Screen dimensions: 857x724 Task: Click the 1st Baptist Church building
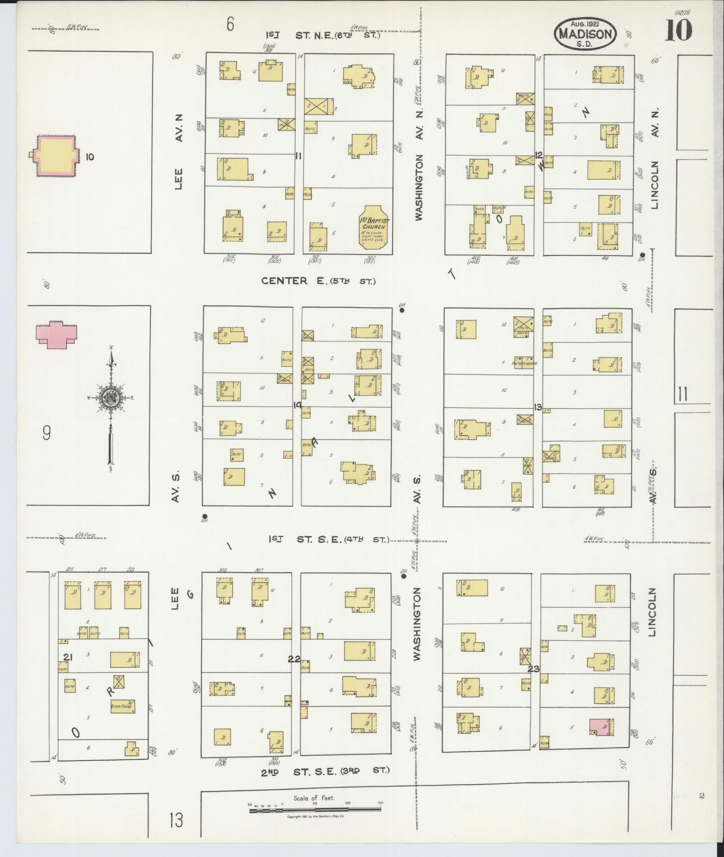[x=374, y=225]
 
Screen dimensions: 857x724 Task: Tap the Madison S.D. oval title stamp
[x=585, y=34]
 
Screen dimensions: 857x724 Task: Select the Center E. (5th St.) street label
[x=318, y=281]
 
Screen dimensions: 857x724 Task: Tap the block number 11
[x=298, y=156]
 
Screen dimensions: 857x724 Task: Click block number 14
[x=298, y=405]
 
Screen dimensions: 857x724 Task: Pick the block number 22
[x=294, y=659]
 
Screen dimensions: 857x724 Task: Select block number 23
[x=534, y=668]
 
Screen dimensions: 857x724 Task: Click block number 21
[x=68, y=657]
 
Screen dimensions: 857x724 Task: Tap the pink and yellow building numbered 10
[x=54, y=157]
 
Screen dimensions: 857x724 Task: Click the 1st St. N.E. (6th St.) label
[x=323, y=35]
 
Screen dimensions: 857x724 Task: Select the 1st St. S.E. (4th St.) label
[x=328, y=539]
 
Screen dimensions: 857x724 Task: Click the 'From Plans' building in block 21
[x=122, y=706]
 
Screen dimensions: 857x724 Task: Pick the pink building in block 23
[x=599, y=727]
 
